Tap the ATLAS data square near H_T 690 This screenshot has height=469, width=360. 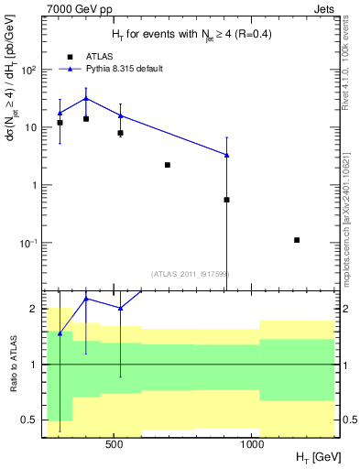point(168,165)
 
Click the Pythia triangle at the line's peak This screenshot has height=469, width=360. point(86,99)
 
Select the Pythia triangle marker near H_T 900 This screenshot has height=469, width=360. point(226,155)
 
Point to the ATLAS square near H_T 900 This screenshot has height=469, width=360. point(226,200)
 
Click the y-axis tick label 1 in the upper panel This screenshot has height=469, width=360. point(35,185)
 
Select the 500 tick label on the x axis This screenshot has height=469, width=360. point(115,444)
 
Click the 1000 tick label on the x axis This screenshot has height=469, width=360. point(253,444)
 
